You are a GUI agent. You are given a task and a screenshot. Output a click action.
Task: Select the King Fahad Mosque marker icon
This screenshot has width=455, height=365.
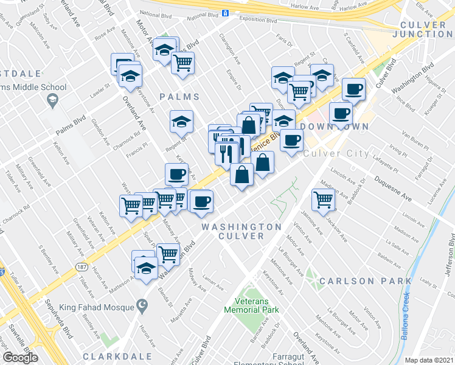[x=143, y=305]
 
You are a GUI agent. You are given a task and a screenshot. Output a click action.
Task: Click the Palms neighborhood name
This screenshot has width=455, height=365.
[x=179, y=97]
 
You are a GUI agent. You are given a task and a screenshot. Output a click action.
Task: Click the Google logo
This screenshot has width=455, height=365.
[x=20, y=358]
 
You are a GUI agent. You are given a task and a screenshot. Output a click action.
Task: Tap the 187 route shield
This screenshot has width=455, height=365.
[x=82, y=266]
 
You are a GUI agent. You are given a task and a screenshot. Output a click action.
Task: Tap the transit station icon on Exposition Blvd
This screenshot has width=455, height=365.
[x=224, y=13]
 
